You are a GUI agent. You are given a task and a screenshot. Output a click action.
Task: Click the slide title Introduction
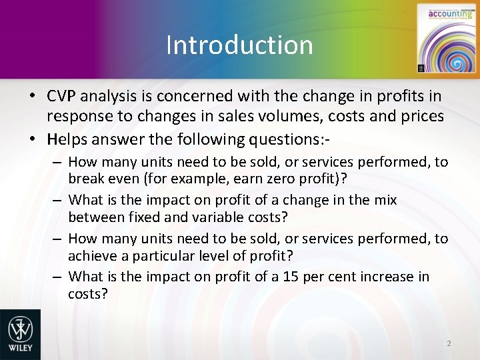click(239, 45)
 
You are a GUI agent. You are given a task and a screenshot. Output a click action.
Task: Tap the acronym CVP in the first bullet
click(62, 97)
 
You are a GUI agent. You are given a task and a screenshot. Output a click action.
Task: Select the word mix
click(385, 199)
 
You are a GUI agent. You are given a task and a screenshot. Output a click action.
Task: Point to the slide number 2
click(449, 343)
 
